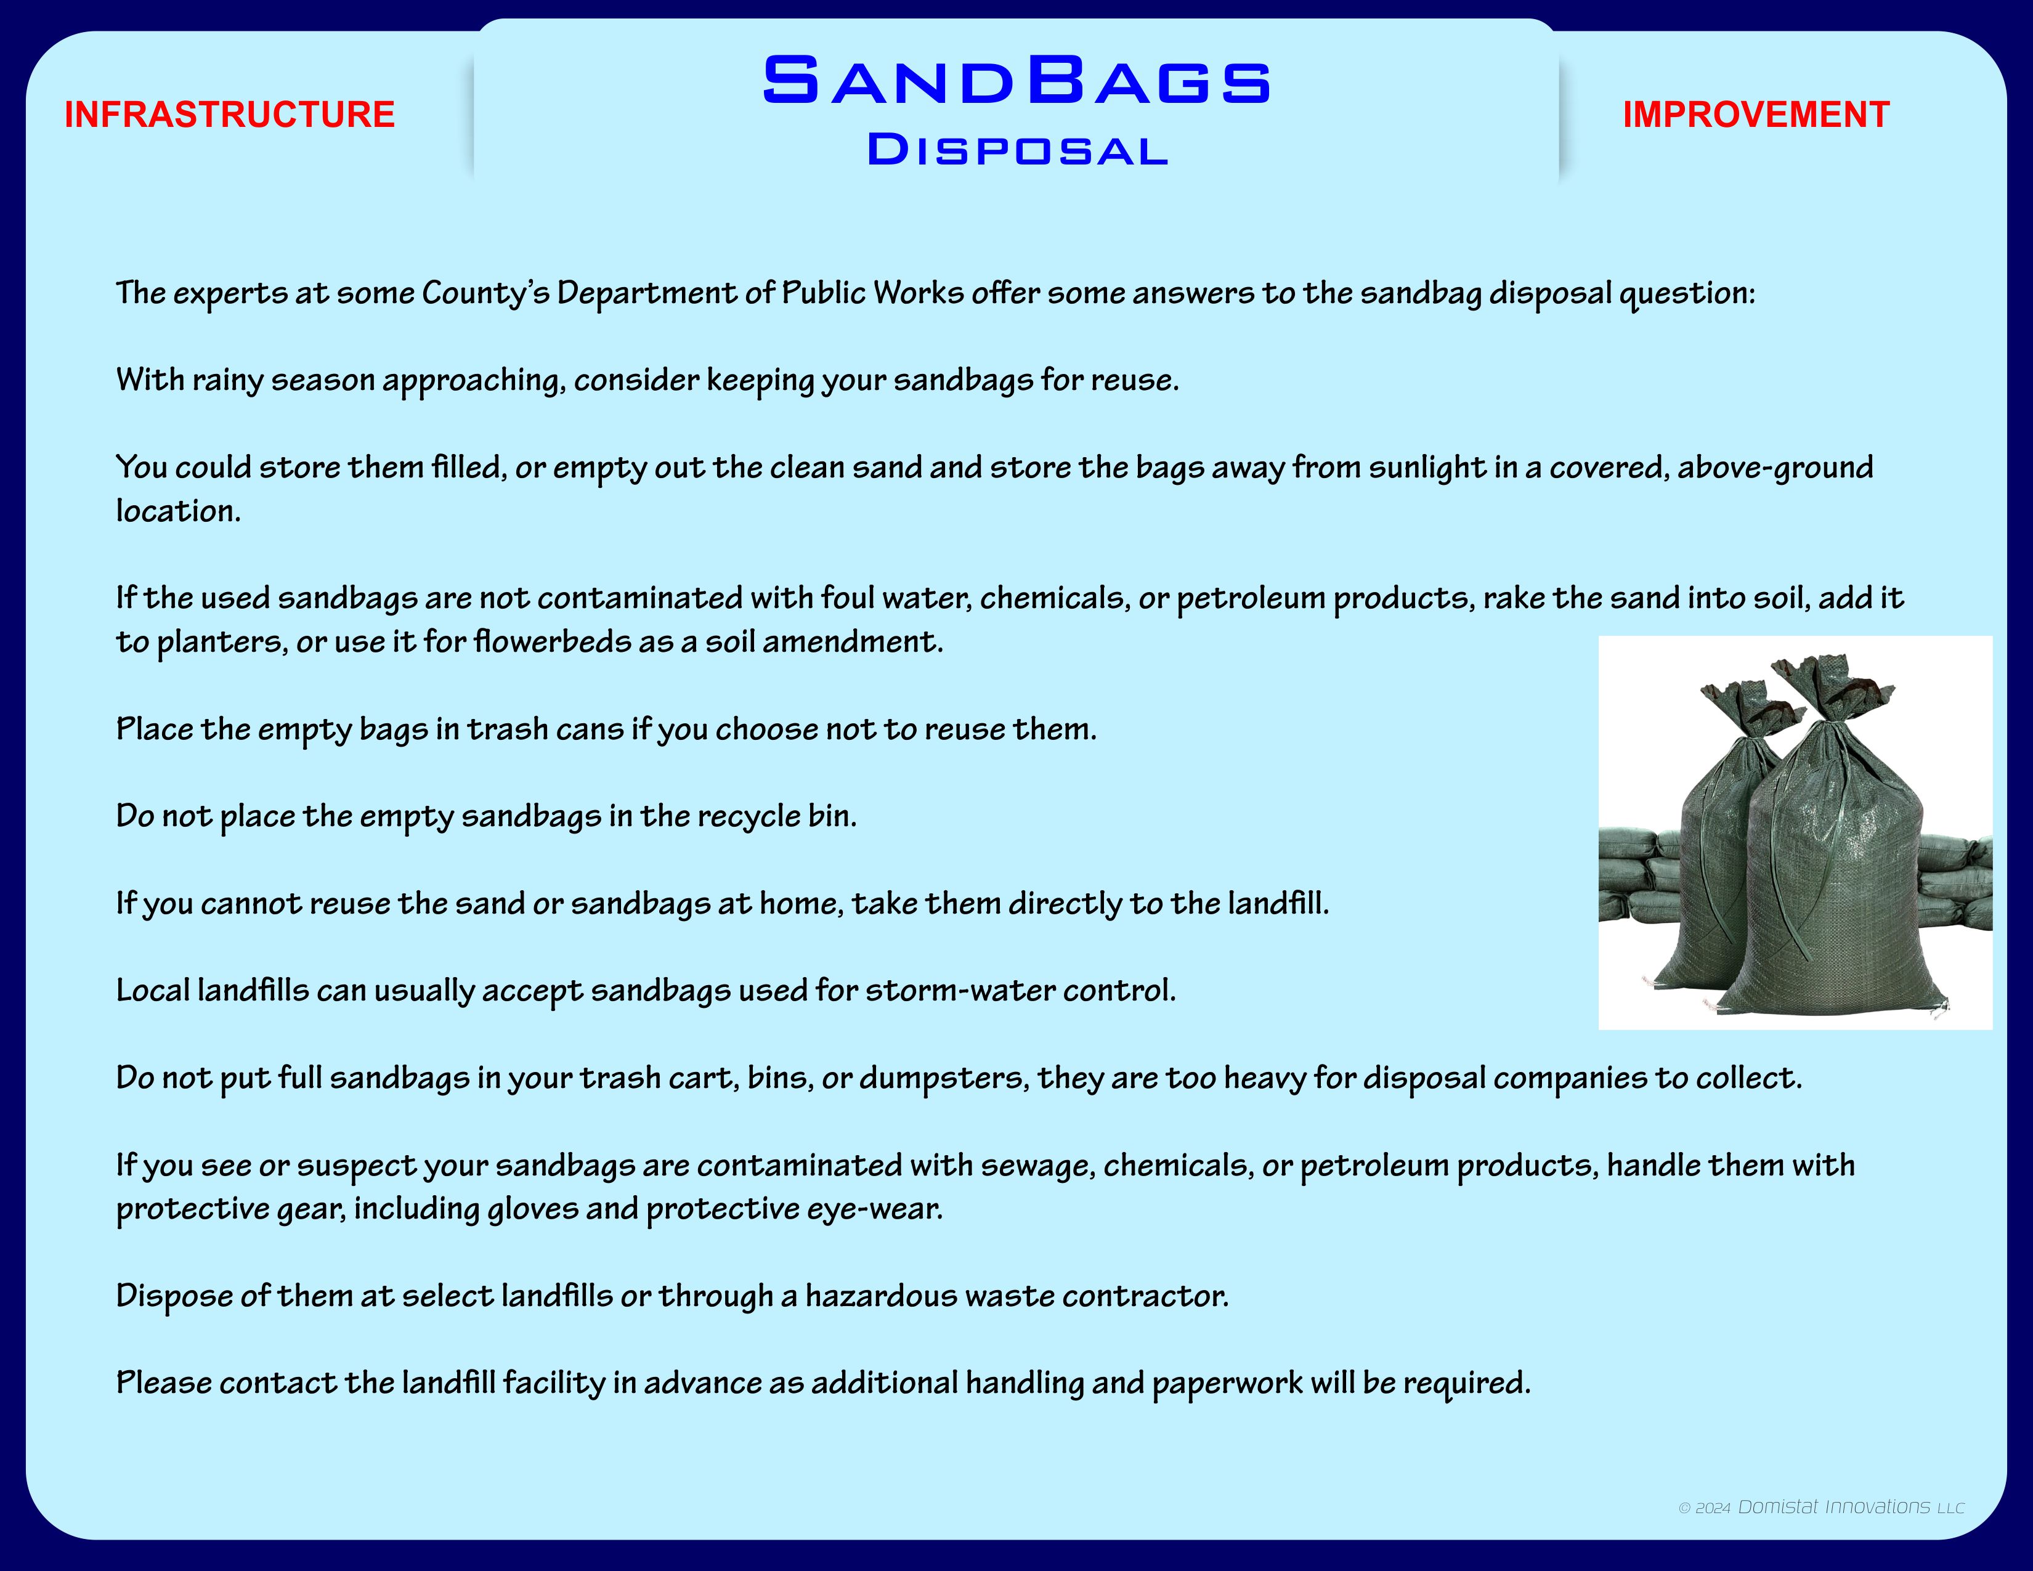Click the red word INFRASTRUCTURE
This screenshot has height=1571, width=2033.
tap(230, 115)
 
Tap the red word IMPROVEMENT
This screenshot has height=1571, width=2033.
tap(1756, 115)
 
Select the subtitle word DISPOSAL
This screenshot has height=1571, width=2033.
tap(1016, 150)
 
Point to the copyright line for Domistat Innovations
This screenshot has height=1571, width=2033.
tap(1820, 1507)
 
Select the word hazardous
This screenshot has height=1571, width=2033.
tap(880, 1296)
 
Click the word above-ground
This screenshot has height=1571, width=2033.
tap(1775, 467)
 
